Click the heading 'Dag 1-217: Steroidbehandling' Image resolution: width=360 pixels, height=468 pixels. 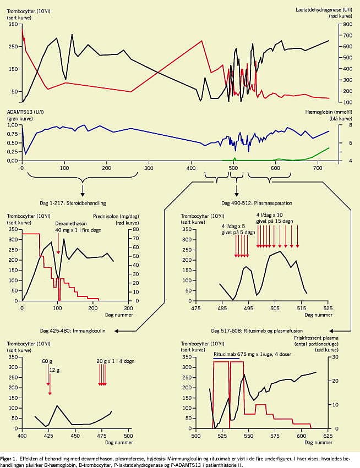83,203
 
